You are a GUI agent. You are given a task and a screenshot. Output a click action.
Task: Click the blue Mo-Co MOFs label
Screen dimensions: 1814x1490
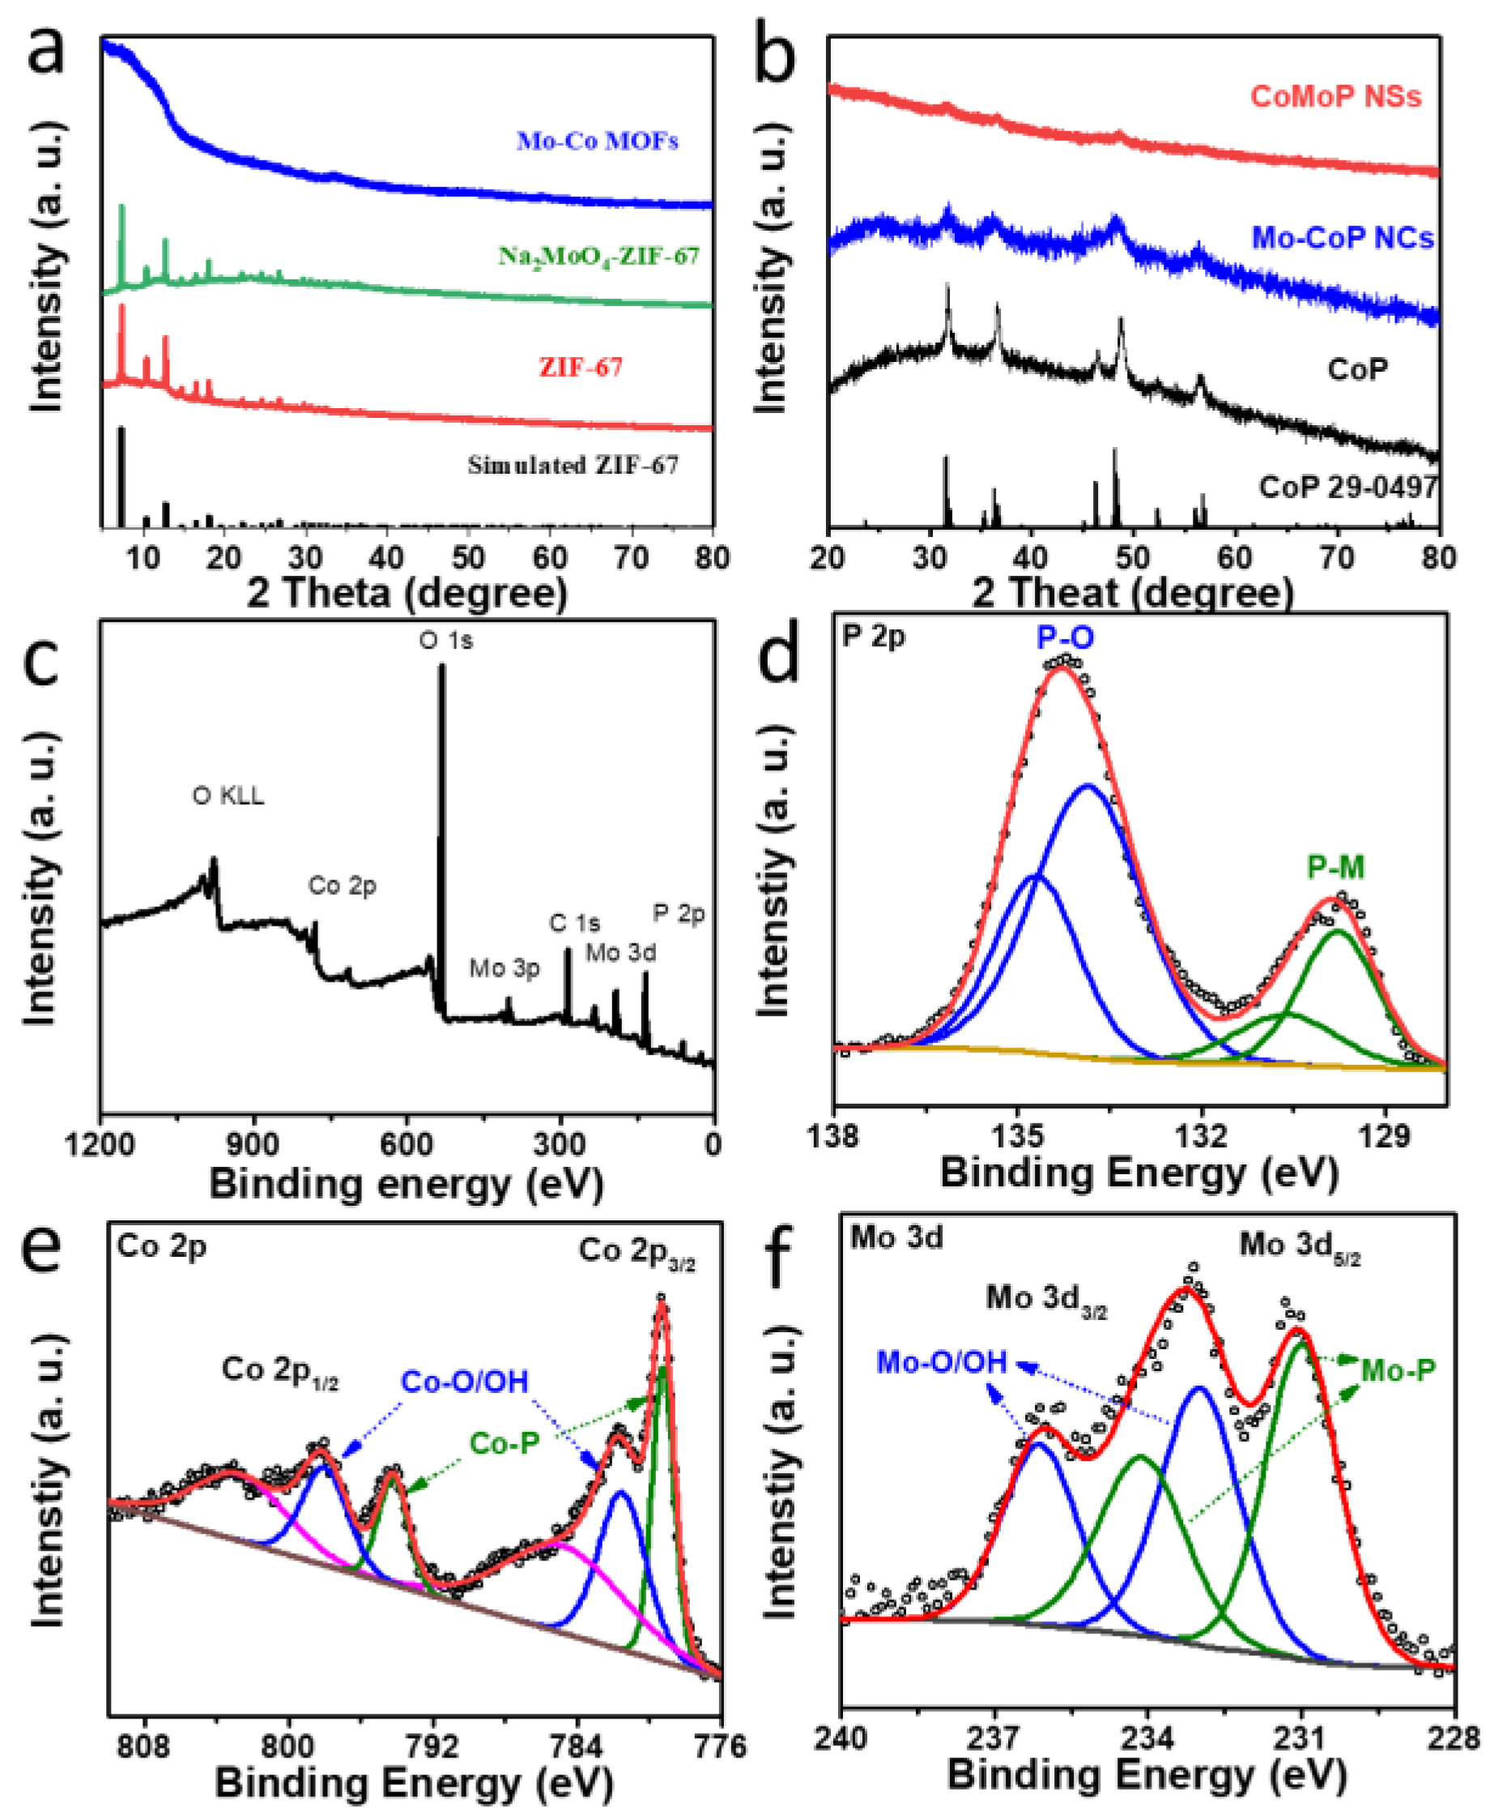pyautogui.click(x=598, y=140)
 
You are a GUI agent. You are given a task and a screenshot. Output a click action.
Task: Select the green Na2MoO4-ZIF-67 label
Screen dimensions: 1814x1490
pyautogui.click(x=599, y=256)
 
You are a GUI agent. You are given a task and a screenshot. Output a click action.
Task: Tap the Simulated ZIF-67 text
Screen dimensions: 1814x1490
pyautogui.click(x=573, y=465)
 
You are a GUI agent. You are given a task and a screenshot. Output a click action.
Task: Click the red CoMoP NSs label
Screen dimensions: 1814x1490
pyautogui.click(x=1336, y=96)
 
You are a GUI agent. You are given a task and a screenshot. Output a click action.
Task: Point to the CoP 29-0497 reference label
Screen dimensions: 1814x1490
pyautogui.click(x=1348, y=488)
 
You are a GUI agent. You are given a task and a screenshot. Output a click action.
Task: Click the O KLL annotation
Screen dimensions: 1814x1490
pyautogui.click(x=228, y=796)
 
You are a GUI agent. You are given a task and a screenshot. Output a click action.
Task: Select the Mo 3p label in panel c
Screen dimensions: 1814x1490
pyautogui.click(x=504, y=968)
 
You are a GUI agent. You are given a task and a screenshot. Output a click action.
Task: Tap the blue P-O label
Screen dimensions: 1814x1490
pyautogui.click(x=1065, y=637)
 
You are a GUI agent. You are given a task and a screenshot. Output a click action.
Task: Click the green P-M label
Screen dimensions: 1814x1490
pyautogui.click(x=1335, y=867)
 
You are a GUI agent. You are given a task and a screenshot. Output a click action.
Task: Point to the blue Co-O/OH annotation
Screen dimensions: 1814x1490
pyautogui.click(x=465, y=1382)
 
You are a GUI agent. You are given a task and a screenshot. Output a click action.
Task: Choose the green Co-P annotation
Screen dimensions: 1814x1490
pyautogui.click(x=504, y=1443)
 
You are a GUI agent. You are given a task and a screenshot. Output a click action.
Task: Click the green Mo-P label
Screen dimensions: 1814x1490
pyautogui.click(x=1398, y=1371)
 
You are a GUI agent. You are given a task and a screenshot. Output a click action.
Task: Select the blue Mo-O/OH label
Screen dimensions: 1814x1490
pyautogui.click(x=942, y=1362)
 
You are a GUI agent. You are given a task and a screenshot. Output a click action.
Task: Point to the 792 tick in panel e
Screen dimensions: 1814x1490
pyautogui.click(x=432, y=1746)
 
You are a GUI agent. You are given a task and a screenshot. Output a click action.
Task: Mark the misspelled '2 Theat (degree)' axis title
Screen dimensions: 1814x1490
pyautogui.click(x=1133, y=593)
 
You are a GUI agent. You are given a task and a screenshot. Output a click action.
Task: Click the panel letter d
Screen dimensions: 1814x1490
pyautogui.click(x=779, y=654)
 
